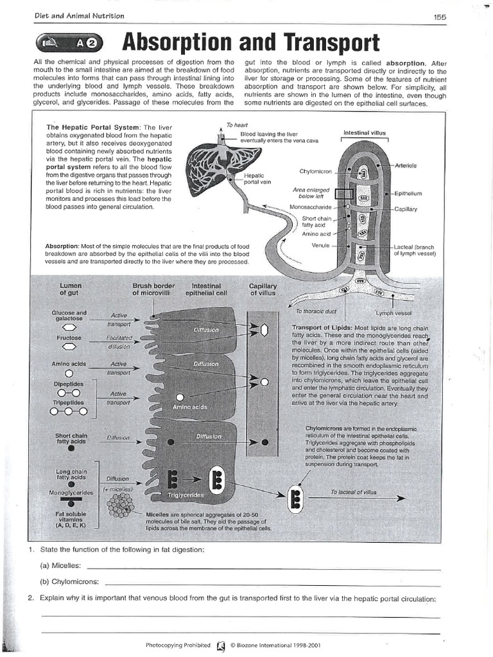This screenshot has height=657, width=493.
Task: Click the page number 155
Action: click(440, 17)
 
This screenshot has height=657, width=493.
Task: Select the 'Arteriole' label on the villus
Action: click(406, 166)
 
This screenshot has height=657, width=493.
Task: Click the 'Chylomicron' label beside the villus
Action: click(315, 171)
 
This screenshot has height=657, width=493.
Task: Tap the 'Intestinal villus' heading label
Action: click(365, 133)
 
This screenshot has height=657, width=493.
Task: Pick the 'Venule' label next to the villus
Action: click(320, 245)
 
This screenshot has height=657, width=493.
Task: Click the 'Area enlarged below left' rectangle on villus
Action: click(343, 194)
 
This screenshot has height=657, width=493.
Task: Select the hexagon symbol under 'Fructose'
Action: click(69, 346)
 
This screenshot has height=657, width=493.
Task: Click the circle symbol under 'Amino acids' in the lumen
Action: click(69, 372)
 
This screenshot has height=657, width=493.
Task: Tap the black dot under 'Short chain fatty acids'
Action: click(71, 448)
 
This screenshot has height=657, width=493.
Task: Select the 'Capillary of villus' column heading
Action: click(263, 289)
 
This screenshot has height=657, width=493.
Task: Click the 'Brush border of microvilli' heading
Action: click(153, 289)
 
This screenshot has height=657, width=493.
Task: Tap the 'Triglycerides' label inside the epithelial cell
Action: click(186, 495)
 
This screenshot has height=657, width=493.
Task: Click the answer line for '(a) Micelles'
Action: click(263, 568)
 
